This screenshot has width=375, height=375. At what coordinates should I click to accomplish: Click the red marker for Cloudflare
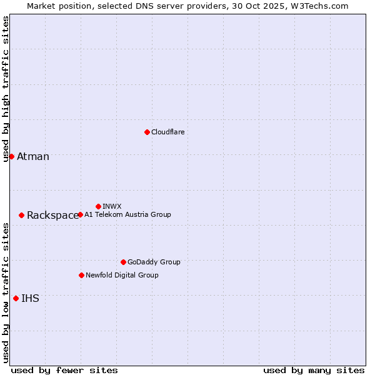point(147,132)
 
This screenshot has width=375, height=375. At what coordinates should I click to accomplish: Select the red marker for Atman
point(11,156)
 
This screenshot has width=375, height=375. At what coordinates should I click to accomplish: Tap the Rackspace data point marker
point(21,215)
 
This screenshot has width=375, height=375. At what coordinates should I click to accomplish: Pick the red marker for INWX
point(98,206)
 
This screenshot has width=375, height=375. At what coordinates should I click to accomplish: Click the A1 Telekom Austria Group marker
point(80,214)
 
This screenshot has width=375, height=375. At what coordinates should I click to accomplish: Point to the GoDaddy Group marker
point(123,262)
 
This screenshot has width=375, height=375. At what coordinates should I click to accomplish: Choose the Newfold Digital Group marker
point(81,275)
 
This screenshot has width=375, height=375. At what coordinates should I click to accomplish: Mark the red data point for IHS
point(16,298)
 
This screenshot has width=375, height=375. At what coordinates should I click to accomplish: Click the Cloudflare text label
point(167,132)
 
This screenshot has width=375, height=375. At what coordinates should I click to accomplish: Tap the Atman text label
point(32,157)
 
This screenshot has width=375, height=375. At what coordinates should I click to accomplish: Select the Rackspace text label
point(52,216)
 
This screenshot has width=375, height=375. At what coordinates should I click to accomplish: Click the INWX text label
point(112,206)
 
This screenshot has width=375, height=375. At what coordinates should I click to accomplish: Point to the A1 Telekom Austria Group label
point(127,214)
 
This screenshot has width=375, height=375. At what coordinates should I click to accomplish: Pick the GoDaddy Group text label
point(154,262)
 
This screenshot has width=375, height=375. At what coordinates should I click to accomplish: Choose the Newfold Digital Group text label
point(122,275)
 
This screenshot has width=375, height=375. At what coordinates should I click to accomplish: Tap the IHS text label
point(30,299)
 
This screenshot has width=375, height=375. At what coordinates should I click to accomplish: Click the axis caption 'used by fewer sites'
point(64,370)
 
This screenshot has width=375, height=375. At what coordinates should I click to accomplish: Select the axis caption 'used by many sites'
point(314,370)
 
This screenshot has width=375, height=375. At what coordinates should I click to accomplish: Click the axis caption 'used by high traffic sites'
point(6,89)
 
